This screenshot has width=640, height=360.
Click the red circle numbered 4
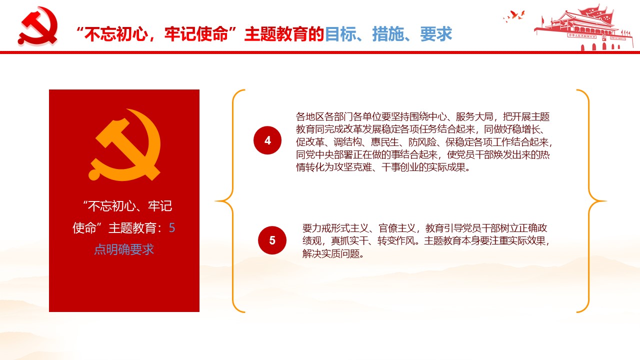click(267, 140)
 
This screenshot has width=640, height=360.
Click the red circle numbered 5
click(272, 240)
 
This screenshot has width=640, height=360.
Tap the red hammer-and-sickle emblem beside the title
click(38, 26)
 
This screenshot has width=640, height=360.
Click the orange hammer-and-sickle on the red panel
click(124, 144)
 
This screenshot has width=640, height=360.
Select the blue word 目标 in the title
click(340, 34)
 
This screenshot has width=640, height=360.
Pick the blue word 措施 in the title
click(388, 34)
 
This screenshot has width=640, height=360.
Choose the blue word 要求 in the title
click(436, 34)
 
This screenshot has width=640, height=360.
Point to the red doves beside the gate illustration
click(514, 16)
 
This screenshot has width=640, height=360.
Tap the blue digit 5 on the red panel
click(172, 228)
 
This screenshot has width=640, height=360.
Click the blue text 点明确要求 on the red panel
click(124, 249)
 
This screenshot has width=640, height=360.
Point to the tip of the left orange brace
click(215, 201)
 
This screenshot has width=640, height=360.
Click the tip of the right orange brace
click(606, 201)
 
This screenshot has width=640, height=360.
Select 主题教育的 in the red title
click(284, 34)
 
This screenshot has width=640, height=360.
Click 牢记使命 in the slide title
click(196, 34)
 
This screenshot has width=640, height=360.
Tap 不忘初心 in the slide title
click(116, 34)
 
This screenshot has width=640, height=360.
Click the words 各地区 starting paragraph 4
click(310, 116)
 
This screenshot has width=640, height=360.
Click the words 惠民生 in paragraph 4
click(385, 142)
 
